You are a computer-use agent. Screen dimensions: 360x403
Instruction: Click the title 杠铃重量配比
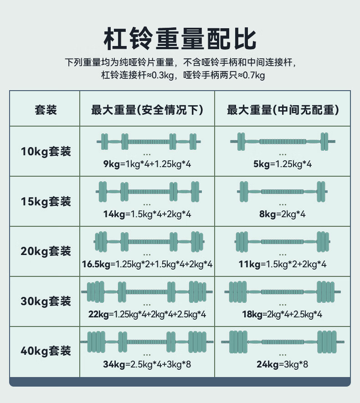click(180, 38)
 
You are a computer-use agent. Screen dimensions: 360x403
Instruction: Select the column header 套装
click(45, 110)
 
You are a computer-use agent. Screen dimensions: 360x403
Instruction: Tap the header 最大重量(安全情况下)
click(147, 110)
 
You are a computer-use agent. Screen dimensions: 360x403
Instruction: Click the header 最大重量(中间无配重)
click(283, 110)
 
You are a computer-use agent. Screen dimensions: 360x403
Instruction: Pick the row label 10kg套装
click(46, 151)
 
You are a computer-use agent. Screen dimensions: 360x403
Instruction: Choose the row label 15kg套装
click(46, 201)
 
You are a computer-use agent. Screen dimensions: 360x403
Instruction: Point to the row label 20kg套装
click(46, 251)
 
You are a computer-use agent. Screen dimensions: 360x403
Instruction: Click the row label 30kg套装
click(46, 301)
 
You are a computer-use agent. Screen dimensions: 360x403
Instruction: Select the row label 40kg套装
click(46, 351)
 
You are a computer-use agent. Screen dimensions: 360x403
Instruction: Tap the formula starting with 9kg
click(147, 164)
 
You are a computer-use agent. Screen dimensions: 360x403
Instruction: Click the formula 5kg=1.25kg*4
click(283, 164)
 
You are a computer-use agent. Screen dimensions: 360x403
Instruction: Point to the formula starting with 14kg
click(147, 214)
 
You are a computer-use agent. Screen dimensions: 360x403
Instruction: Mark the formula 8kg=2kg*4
click(283, 214)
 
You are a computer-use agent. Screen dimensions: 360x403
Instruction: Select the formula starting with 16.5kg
click(147, 264)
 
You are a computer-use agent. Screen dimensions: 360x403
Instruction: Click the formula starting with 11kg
click(283, 264)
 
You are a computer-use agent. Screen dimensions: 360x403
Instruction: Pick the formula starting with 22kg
click(147, 314)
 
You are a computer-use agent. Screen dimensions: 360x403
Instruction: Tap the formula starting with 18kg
click(283, 314)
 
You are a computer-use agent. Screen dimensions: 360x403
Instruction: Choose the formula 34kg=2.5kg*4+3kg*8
click(147, 364)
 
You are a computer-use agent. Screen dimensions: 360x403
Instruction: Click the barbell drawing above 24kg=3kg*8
click(283, 341)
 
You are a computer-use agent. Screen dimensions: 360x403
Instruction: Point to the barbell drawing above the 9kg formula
click(147, 141)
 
